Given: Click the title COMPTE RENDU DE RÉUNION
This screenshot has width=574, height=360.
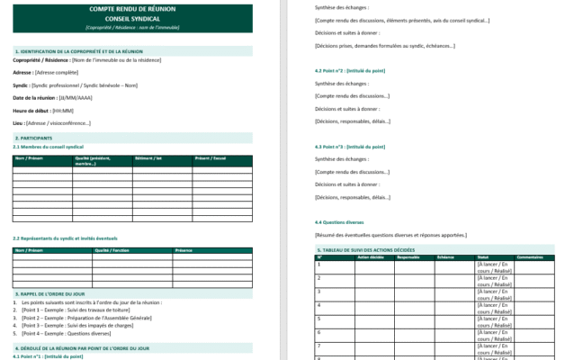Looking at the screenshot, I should (132, 9).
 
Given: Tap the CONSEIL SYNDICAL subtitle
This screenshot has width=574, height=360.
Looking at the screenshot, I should (132, 19).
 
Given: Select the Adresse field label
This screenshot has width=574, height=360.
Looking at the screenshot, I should (23, 71).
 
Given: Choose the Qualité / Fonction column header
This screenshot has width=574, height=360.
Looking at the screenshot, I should (113, 250).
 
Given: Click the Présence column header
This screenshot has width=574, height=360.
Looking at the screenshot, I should (184, 250).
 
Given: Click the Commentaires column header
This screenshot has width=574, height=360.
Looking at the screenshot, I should (530, 257).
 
